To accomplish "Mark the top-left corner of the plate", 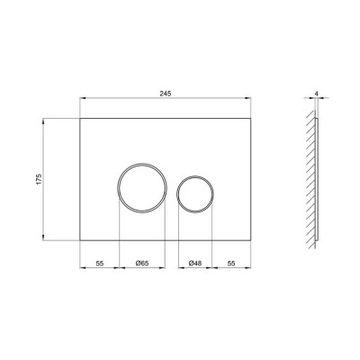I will coord(79,119).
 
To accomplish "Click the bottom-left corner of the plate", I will coord(79,240).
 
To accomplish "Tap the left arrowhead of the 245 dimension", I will coord(82,100).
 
